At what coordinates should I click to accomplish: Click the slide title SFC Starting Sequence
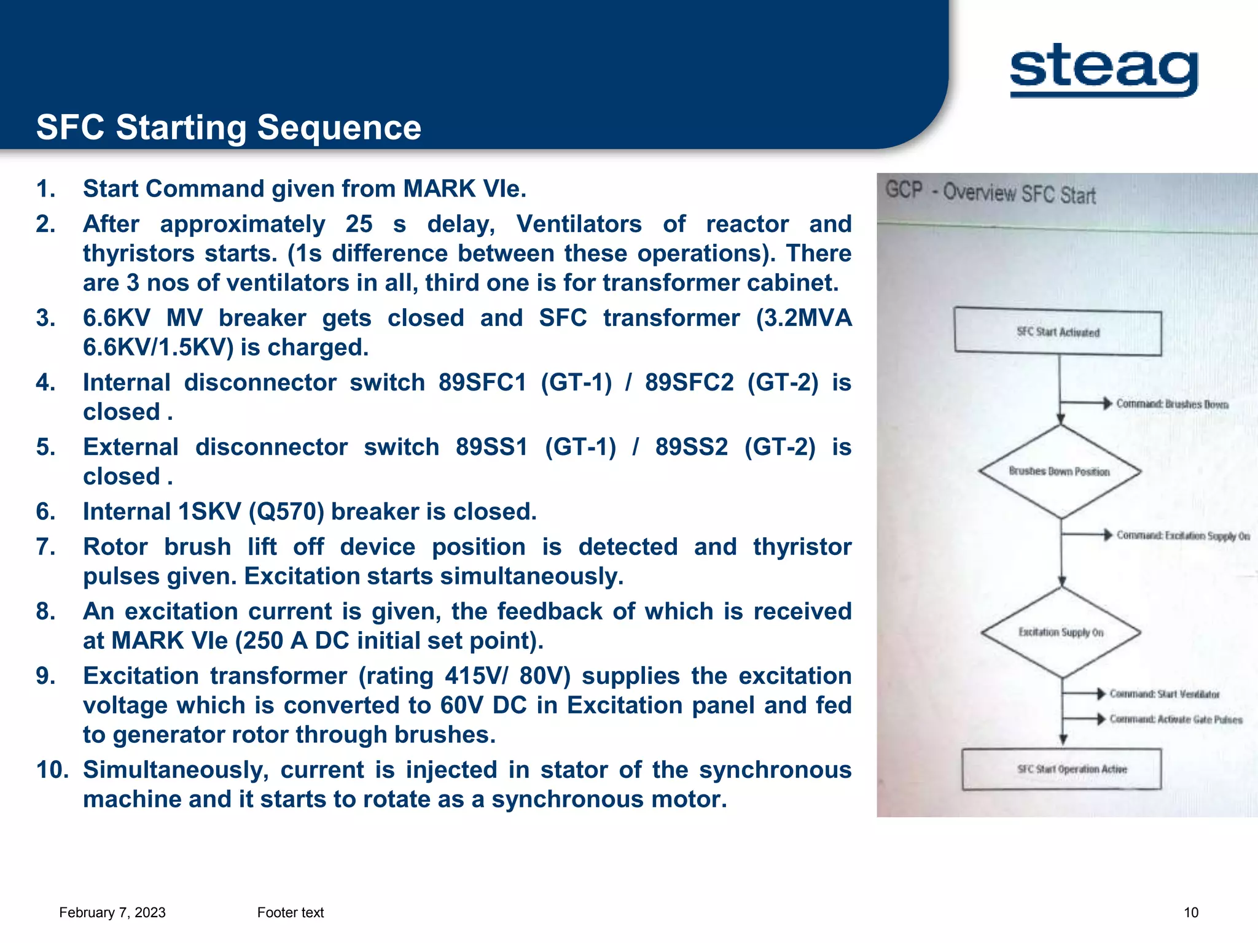(229, 128)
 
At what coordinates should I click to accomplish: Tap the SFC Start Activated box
(1058, 332)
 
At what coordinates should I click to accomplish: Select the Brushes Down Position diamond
(1060, 471)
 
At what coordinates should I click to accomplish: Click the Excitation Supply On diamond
(1061, 632)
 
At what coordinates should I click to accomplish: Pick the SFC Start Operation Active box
(1062, 769)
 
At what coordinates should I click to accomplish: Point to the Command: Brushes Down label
(1171, 404)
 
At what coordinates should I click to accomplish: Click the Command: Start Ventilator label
(1164, 694)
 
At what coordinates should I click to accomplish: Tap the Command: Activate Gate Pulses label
(1175, 720)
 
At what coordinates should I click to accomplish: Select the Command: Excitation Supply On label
(1182, 536)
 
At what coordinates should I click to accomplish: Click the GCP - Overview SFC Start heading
(990, 193)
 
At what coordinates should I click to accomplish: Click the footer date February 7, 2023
(112, 913)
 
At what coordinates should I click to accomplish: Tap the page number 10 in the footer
(1190, 913)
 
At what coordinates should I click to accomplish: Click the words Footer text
(291, 913)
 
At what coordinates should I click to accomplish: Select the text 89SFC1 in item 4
(482, 382)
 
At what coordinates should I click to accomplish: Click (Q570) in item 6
(286, 511)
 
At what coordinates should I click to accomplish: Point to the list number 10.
(52, 770)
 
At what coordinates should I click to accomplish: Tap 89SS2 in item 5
(691, 447)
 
